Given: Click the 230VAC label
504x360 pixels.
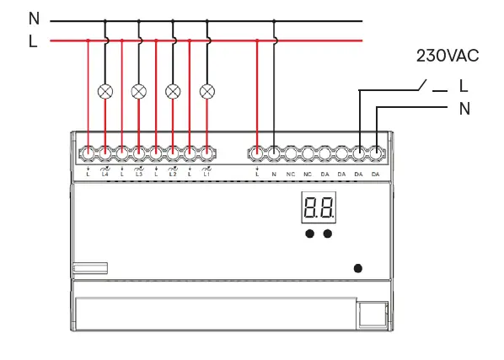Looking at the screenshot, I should pos(448,56).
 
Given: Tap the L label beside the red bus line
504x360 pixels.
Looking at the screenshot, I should pos(34,40).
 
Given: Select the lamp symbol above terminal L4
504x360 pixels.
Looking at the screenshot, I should pos(105,90).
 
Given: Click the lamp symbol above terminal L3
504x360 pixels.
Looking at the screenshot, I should pos(139,90).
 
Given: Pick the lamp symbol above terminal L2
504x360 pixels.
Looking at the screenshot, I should pos(173,90).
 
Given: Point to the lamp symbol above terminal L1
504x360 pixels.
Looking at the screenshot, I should pos(206,90).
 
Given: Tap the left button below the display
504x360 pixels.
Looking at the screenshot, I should pos(309,233).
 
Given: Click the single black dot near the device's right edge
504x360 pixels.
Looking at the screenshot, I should pos(357,268).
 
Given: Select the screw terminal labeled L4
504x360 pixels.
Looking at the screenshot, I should pos(105,153).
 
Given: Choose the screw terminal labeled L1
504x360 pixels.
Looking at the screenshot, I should pos(206,153).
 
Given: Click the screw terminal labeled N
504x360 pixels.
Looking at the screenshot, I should pos(274,153).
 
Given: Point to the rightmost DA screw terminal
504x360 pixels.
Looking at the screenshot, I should pos(375,153).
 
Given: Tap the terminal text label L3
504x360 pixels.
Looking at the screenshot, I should pos(139,174).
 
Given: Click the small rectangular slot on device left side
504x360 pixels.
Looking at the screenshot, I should pos(90,268).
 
